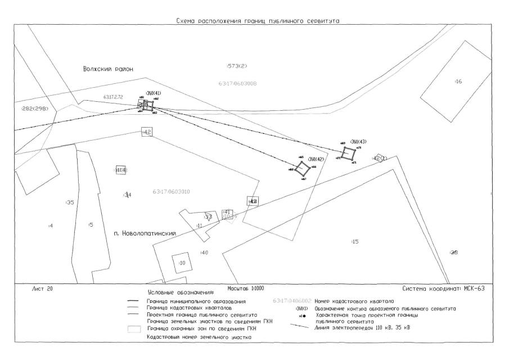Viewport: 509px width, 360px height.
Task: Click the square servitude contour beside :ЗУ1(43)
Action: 349,153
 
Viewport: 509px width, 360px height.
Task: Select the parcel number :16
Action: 458,82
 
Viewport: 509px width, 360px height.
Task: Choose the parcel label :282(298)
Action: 35,108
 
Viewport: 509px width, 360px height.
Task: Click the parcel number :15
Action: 354,241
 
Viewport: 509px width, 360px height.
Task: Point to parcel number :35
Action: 70,202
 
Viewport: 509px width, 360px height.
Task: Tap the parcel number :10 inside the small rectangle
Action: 182,263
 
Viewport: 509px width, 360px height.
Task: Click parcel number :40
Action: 204,253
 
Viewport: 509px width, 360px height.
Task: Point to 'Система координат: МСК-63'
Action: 443,289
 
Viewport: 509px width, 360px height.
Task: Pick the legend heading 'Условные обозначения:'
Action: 181,293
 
